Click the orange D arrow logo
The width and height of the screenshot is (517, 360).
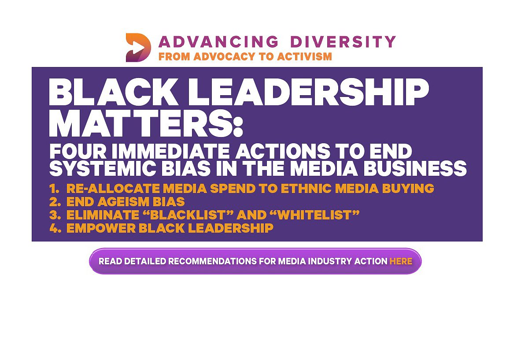[x=138, y=48]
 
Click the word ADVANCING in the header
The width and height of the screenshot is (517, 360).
[x=218, y=42]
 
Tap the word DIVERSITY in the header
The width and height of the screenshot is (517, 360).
[x=343, y=42]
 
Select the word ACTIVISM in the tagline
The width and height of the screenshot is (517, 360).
[x=304, y=56]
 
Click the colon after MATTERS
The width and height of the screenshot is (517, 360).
[x=238, y=127]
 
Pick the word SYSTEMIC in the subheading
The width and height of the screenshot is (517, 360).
[x=103, y=168]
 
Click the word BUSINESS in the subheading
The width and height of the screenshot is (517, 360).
[x=415, y=168]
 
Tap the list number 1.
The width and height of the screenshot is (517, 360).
[x=55, y=189]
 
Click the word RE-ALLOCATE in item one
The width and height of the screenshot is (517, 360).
[x=114, y=189]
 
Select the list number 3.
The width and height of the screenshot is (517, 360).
[x=55, y=215]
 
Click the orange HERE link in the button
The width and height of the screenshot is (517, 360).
[x=401, y=261]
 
